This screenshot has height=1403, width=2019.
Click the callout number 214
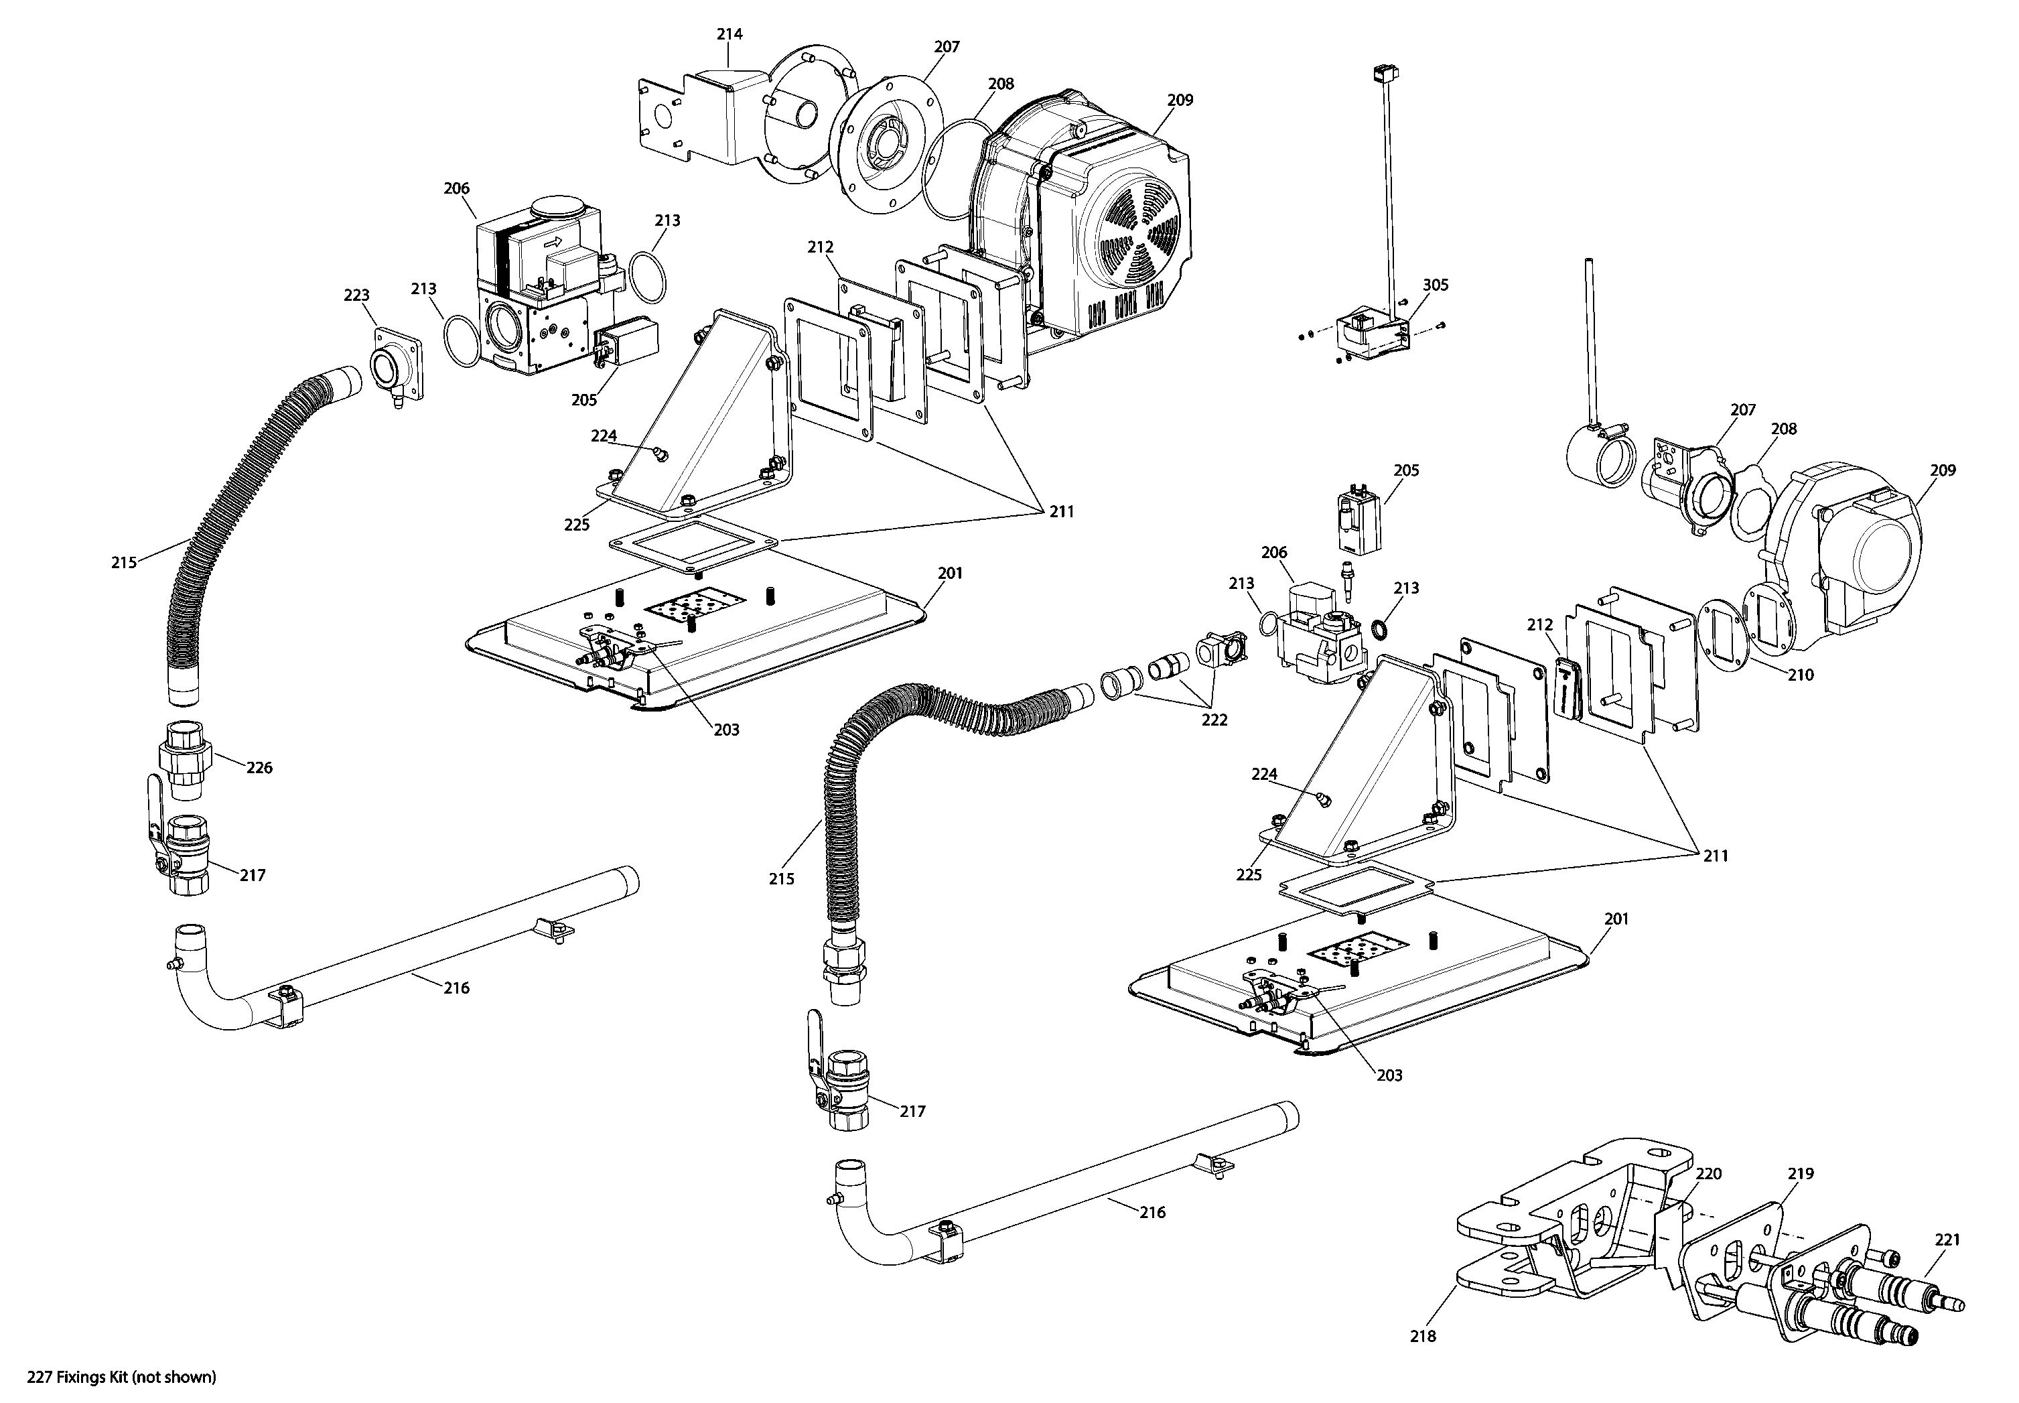coord(729,34)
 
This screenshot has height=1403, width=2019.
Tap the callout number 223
coord(356,295)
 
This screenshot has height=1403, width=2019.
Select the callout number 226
coord(259,767)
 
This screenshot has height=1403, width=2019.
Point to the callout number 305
coord(1436,285)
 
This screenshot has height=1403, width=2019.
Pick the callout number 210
coord(1800,675)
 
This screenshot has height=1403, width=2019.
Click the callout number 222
coord(1214,720)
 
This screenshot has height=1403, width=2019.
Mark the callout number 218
coord(1423,1336)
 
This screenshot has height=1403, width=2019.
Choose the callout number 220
coord(1708,1174)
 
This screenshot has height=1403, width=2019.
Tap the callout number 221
coord(1947,1240)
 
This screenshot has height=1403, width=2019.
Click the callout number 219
coord(1800,1174)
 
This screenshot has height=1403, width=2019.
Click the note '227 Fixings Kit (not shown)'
coord(121,1378)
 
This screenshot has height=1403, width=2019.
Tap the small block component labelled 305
coord(1369,338)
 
